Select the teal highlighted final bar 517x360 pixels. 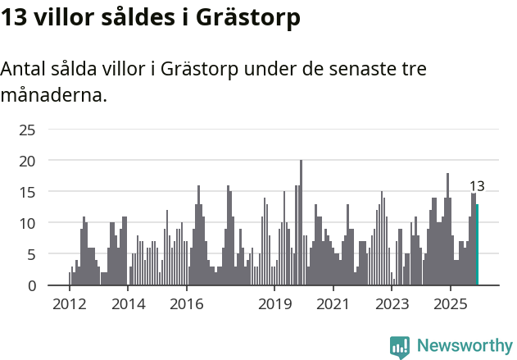point(477,245)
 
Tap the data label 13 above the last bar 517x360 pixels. point(477,186)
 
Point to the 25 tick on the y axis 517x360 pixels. point(27,130)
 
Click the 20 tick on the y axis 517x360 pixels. point(27,161)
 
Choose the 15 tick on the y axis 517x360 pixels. point(27,192)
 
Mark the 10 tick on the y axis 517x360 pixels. point(27,223)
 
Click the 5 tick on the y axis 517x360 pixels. point(31,254)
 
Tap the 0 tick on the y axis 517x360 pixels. point(31,285)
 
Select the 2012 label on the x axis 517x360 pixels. point(69,304)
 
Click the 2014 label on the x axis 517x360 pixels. point(128,304)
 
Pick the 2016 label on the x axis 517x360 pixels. point(187,304)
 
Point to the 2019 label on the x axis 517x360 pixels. point(274,304)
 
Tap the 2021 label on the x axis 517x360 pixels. point(333,304)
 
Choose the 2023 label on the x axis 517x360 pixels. point(392,304)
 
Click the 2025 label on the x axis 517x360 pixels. point(450,304)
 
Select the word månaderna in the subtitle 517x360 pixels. point(53,95)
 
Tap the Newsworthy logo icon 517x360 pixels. point(400,346)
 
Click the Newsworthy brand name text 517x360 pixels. point(465,346)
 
